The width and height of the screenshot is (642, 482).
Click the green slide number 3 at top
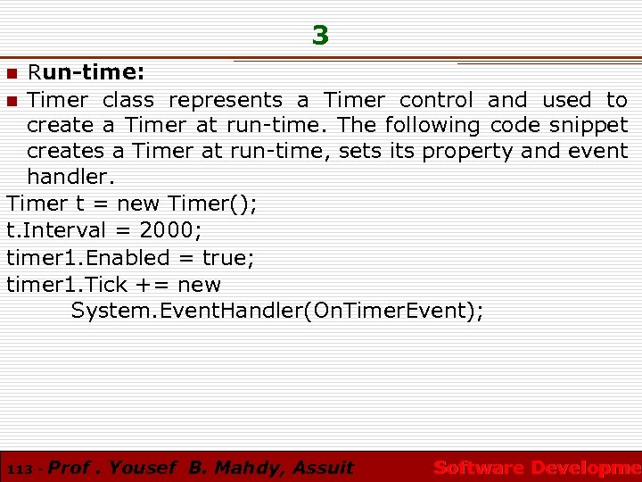coord(320,36)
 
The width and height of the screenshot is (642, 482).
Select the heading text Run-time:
coord(86,71)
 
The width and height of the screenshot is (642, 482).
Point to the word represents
coord(226,100)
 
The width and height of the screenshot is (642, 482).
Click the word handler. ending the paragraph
coord(70,178)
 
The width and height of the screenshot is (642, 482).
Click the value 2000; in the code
coord(170,231)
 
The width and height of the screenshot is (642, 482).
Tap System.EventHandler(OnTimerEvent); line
coord(277,311)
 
